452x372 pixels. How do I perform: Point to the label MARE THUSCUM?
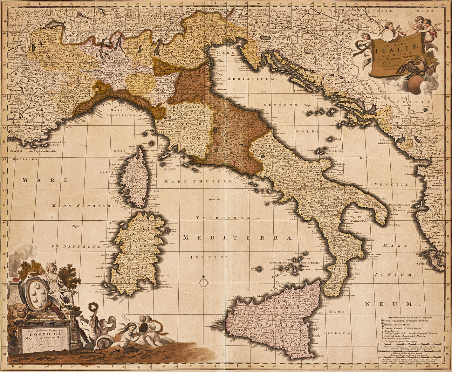click(x=198, y=181)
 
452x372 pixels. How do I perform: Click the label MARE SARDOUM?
click(x=81, y=206)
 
